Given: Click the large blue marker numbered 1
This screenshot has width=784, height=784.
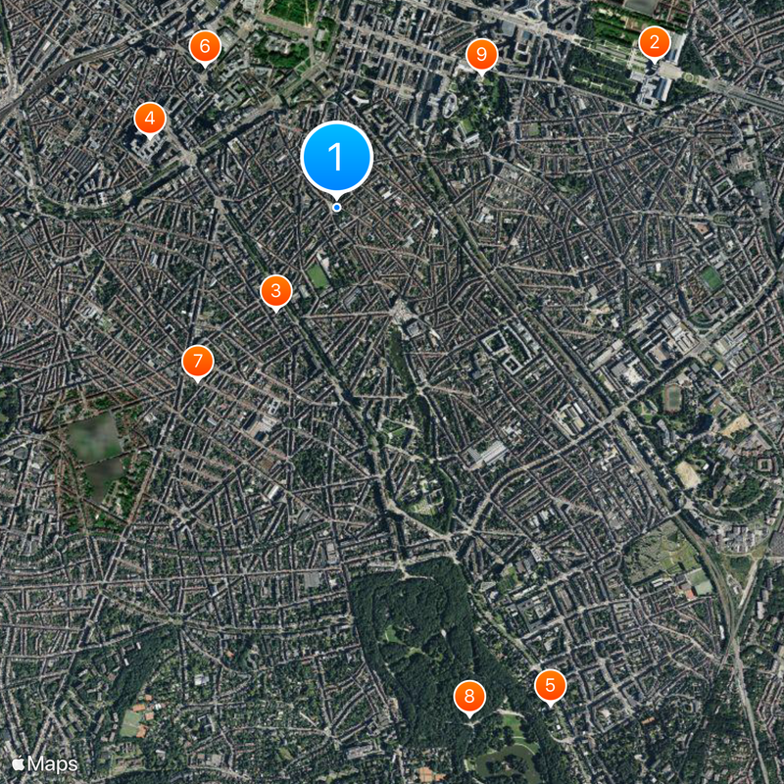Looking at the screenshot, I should (336, 157).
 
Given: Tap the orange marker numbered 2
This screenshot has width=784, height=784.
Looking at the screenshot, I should (654, 43).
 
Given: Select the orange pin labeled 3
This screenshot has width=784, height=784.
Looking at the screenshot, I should (275, 291).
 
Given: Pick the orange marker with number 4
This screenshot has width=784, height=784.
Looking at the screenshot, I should (149, 120).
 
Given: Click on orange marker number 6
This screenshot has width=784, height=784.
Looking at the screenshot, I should (204, 46).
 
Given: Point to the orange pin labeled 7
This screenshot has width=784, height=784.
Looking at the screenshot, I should (197, 362).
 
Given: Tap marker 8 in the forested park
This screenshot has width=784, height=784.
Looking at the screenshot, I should (469, 697).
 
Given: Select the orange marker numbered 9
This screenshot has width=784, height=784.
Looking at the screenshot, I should (481, 55).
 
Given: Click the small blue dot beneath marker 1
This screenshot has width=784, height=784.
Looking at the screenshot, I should (336, 207).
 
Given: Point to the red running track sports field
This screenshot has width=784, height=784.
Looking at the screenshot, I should (672, 397).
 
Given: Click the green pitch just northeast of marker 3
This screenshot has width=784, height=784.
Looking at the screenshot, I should (318, 276).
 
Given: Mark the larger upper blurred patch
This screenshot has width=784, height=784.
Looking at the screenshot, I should (94, 438).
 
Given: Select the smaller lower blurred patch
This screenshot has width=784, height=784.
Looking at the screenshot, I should (105, 478).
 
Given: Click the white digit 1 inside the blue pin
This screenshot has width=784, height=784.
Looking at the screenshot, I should (336, 156).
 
